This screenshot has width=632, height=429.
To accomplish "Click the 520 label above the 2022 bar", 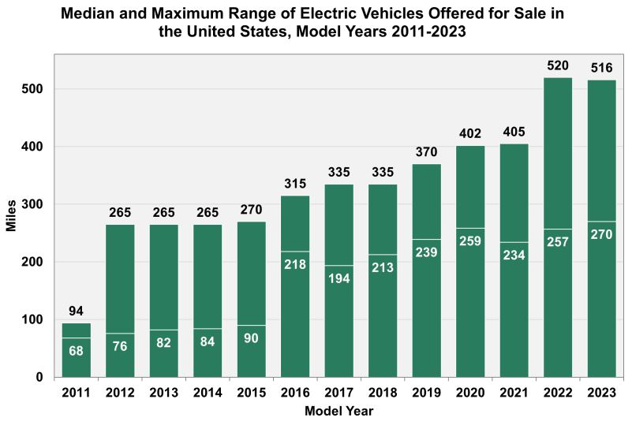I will click(559, 65).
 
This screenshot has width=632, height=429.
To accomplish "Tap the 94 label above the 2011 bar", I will click(77, 311).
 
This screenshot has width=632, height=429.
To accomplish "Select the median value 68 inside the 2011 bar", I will click(77, 349).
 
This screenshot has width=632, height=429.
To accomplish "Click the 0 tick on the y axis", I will click(39, 377).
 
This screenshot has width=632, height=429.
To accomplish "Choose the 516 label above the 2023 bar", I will click(602, 68).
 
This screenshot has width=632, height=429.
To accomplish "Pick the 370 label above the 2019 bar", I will click(427, 151).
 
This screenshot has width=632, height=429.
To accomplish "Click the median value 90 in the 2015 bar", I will click(252, 337).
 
